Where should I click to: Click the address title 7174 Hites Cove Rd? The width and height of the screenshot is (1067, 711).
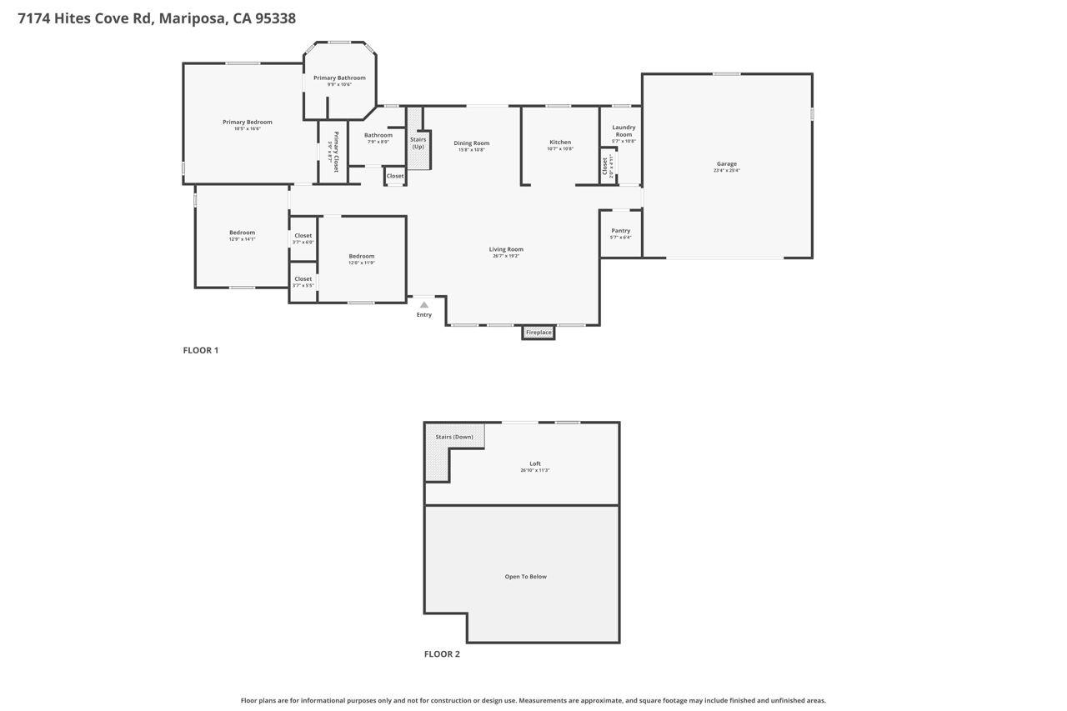tap(156, 18)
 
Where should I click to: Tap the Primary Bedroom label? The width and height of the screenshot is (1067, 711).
tap(247, 123)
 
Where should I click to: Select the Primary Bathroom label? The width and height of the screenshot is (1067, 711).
tap(339, 78)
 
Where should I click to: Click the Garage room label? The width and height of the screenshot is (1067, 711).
tap(726, 164)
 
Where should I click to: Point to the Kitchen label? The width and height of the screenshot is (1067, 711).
tap(560, 143)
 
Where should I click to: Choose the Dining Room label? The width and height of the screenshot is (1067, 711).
tap(471, 143)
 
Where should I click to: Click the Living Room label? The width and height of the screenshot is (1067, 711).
tap(506, 249)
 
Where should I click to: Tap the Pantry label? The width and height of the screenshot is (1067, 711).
tap(620, 231)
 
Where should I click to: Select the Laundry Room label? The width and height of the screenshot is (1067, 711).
tap(624, 131)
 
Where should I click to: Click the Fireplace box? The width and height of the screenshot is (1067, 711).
tap(539, 333)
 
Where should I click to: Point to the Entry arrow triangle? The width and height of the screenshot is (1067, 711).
tap(423, 305)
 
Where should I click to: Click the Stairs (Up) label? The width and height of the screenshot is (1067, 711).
tap(418, 143)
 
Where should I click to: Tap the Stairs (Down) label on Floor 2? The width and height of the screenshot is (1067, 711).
tap(454, 437)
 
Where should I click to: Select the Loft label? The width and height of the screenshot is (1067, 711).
tap(535, 464)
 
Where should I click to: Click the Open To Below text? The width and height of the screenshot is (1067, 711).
tap(525, 577)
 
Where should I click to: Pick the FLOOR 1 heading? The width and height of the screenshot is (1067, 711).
tap(200, 350)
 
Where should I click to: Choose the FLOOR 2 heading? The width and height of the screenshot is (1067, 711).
tap(442, 654)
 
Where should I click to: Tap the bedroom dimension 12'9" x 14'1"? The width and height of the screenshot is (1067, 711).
tap(242, 239)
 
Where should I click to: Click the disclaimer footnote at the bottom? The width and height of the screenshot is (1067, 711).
tap(533, 701)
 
